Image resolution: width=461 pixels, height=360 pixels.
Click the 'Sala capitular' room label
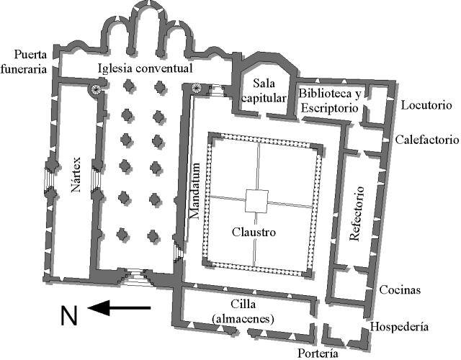coord(264,91)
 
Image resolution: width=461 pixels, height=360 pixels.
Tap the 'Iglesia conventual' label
coord(146,68)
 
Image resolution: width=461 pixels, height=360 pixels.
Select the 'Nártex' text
coord(76,174)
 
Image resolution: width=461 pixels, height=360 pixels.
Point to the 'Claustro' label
coord(254,232)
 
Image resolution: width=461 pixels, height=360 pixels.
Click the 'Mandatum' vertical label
coord(194,191)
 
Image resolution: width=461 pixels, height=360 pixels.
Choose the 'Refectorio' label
coord(357,214)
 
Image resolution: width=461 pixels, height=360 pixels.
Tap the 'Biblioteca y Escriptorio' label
coord(330,101)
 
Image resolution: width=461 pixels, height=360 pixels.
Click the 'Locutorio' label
coord(426,105)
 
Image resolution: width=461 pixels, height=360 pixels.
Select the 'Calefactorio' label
coord(426,140)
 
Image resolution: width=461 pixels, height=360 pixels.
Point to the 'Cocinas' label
coord(400,289)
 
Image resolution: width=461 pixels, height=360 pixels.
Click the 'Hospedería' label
coord(399,326)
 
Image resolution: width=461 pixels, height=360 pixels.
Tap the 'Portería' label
coord(318,353)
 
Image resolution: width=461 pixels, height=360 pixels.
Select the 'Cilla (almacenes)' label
coord(243,311)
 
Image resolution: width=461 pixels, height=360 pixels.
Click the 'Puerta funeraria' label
coord(24,62)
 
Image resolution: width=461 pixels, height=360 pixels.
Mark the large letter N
coord(69,315)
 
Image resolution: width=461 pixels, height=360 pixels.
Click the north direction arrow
coord(119,308)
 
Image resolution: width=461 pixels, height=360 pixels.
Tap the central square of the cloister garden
coord(256,201)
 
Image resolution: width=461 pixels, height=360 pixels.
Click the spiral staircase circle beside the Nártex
coord(96,89)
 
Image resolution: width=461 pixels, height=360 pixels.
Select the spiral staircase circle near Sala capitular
coord(196,87)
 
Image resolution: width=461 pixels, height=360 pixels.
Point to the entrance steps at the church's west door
coord(136,278)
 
